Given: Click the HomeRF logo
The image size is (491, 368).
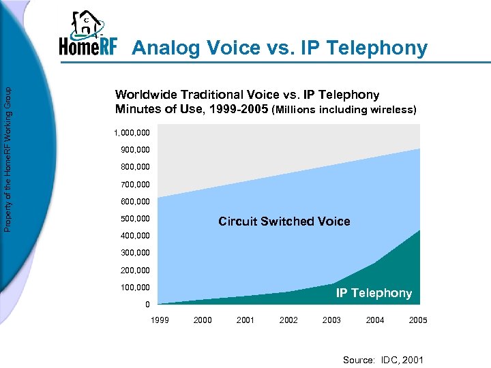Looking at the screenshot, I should pos(87,35).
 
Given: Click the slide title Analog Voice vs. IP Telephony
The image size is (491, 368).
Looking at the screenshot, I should pos(280,48).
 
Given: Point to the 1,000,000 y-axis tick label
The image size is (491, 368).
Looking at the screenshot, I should pos(132,133).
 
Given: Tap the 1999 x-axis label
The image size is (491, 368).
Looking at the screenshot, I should pos(160,320).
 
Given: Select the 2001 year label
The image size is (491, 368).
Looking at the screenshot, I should pos(245,320).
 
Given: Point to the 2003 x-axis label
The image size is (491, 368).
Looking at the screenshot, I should pos(331,320).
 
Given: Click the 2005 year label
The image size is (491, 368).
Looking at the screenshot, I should pos(418,320).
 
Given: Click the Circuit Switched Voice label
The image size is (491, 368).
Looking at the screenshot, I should pos(284,221).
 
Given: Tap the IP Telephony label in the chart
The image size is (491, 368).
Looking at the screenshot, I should pos(374,293).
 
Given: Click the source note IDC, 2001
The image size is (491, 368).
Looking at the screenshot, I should pos(383,359).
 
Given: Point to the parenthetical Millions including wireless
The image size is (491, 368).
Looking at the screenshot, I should pos(344,110).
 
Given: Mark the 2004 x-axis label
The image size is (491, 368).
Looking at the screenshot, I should pos(375,320).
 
